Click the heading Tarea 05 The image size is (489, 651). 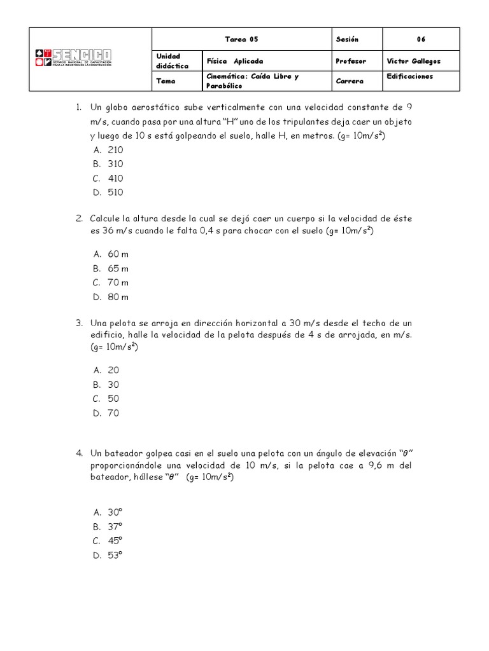pos(242,39)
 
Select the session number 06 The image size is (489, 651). pos(421,39)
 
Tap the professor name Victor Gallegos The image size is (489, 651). pos(413,61)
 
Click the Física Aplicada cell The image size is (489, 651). pos(235,61)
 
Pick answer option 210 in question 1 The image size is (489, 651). pos(115,150)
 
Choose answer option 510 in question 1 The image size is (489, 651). pos(115,192)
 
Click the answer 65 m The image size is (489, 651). pos(118,268)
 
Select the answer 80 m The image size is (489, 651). pos(118,297)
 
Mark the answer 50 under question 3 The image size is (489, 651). pos(113,399)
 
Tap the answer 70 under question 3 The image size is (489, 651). pos(113,413)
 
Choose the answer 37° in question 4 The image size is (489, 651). pos(115,526)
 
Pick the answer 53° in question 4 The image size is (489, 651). pos(115,555)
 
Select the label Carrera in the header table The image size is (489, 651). pos(350,82)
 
